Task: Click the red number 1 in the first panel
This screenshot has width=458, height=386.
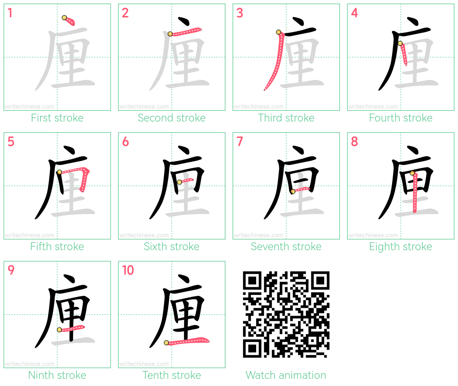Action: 10,13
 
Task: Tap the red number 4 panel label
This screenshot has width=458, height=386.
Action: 354,13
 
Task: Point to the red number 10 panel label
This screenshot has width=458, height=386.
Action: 128,270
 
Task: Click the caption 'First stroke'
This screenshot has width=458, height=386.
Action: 57,118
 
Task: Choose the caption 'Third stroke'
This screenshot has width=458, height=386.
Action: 286,118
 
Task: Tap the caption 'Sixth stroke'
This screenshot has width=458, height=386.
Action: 171,247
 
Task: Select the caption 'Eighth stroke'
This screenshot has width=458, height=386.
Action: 400,247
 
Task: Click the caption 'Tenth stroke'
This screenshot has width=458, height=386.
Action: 171,375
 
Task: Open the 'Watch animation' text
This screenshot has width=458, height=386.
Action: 286,375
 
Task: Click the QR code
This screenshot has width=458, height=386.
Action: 286,315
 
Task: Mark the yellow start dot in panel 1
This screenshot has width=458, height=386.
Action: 64,18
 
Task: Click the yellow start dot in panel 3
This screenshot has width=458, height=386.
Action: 279,32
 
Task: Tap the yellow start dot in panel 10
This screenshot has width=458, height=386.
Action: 166,343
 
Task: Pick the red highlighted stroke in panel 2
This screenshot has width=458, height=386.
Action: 185,31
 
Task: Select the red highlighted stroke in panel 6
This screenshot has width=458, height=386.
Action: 186,181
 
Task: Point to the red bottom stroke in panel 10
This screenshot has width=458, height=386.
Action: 187,341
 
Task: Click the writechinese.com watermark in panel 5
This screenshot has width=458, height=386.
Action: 29,235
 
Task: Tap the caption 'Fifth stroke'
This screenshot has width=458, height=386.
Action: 57,247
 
